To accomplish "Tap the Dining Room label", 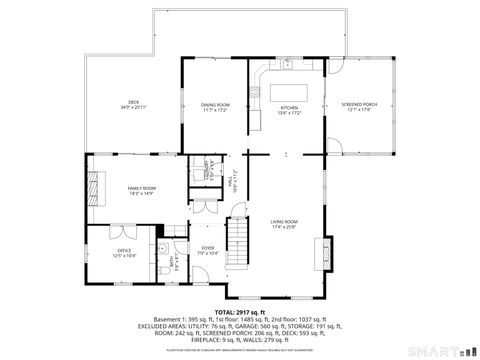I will click(x=215, y=106).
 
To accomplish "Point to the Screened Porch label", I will click(x=358, y=106).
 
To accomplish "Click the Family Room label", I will click(x=141, y=190).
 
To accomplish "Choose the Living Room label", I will click(x=285, y=224).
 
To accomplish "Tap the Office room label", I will click(x=124, y=253).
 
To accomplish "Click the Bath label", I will click(x=173, y=263).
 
